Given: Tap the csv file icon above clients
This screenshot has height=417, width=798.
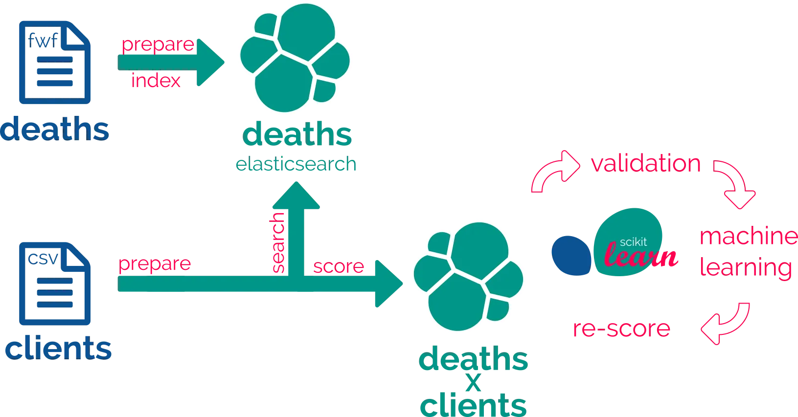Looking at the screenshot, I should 54,284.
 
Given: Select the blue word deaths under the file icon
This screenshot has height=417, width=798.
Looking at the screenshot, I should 55,130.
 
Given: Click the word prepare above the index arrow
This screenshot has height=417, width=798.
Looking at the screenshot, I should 158,45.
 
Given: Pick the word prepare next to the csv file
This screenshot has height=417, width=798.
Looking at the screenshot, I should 155,264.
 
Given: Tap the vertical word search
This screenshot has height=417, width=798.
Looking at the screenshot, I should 278,242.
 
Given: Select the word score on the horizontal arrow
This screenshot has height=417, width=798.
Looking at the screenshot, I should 339,267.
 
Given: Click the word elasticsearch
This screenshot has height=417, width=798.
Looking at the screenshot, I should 296,164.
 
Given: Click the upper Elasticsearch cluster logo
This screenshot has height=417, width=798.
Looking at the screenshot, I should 295,58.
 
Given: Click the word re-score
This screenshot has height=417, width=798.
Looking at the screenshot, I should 621,329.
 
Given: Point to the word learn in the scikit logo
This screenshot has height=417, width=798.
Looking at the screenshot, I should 641,256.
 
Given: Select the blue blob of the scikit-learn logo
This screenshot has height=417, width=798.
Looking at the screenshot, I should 570,254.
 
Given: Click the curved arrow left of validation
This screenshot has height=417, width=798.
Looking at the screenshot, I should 554,172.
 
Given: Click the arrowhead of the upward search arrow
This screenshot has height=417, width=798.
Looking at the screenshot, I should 295,196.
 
